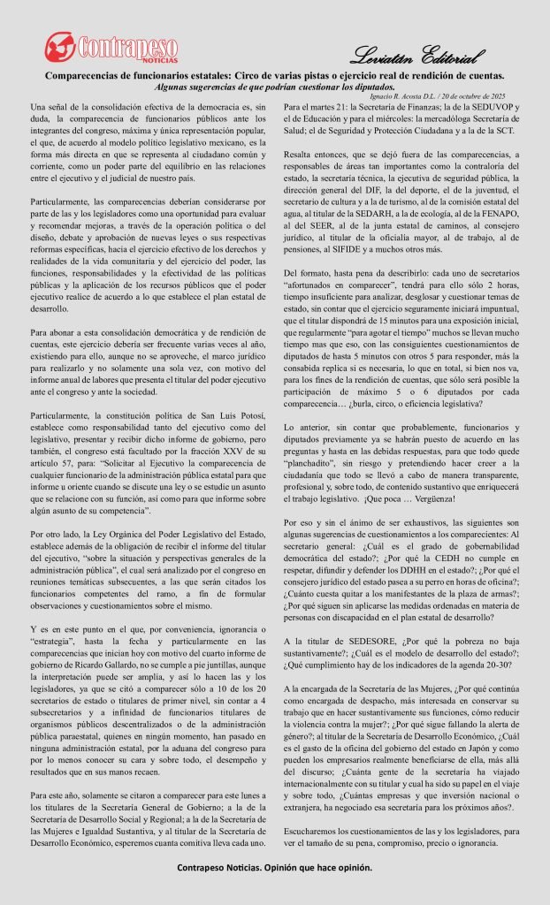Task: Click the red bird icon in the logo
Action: pos(62,47)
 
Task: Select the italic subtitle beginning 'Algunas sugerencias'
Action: pos(274,87)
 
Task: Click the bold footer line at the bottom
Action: pos(274,867)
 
